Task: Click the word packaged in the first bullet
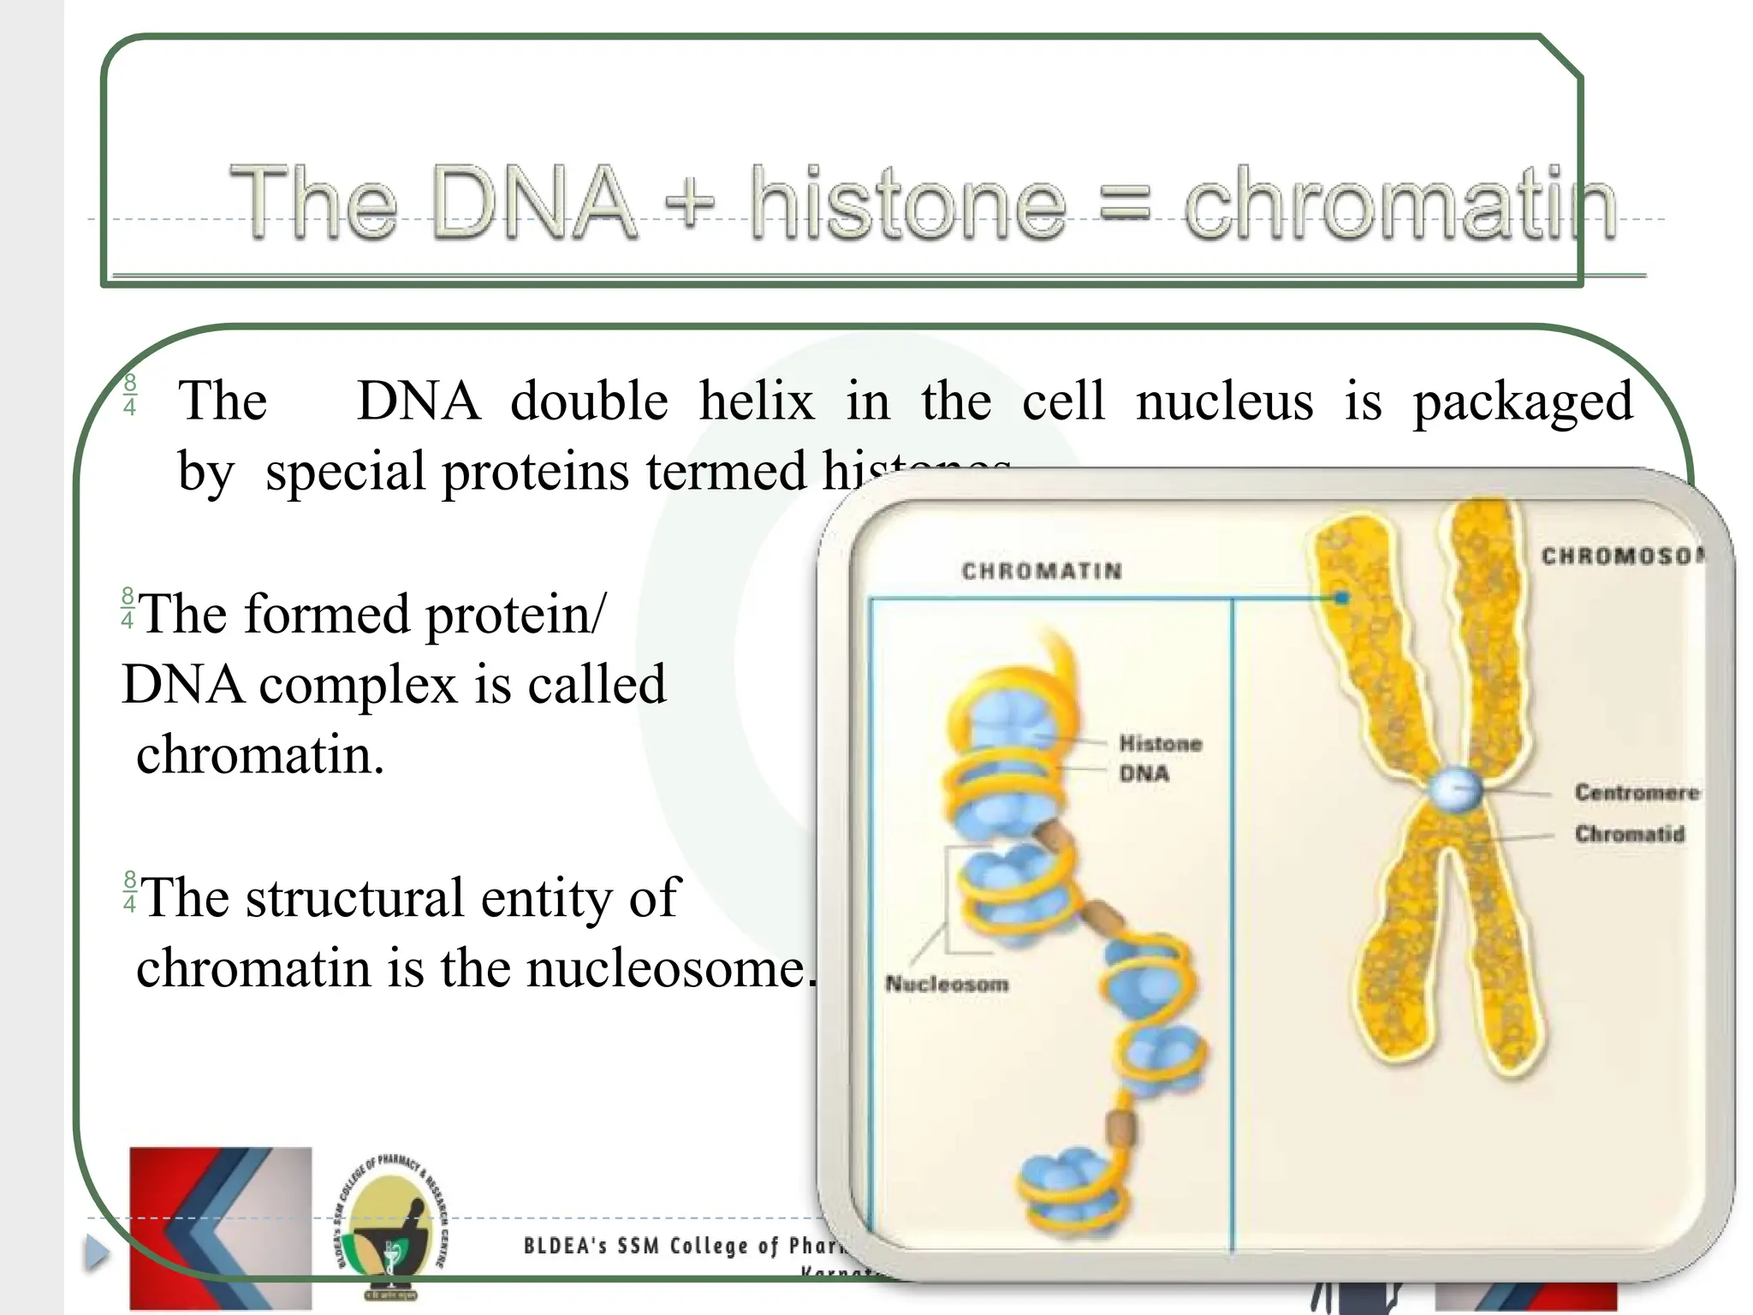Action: pyautogui.click(x=1522, y=402)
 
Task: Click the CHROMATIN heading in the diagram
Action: pyautogui.click(x=1042, y=571)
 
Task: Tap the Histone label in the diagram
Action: pyautogui.click(x=1160, y=744)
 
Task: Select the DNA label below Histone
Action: pyautogui.click(x=1144, y=774)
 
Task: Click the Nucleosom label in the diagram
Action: pyautogui.click(x=947, y=985)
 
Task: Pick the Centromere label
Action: pyautogui.click(x=1636, y=793)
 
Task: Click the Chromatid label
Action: pyautogui.click(x=1629, y=834)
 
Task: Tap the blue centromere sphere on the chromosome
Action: pyautogui.click(x=1454, y=788)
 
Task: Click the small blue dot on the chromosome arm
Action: pyautogui.click(x=1342, y=598)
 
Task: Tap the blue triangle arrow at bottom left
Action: pyautogui.click(x=97, y=1253)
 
